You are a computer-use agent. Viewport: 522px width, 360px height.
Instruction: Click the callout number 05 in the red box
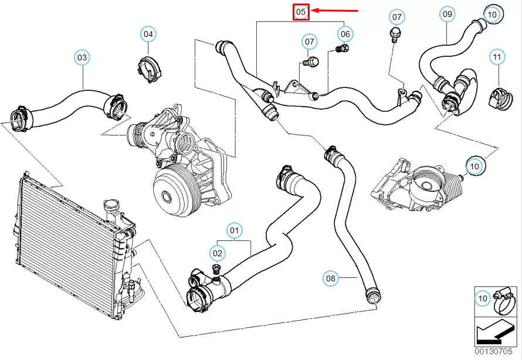tap(301, 12)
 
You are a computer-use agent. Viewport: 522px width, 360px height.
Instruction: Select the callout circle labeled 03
tap(82, 57)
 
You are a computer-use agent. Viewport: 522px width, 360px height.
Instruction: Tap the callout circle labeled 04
tap(148, 34)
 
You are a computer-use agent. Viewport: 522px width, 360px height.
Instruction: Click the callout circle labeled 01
tap(235, 230)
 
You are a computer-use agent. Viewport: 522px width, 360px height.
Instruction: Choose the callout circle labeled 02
tap(218, 253)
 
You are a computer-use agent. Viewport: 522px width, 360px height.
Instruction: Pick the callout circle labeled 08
tap(331, 278)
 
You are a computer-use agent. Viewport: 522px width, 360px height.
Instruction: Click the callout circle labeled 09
tap(448, 13)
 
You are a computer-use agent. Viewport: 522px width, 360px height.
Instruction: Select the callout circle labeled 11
tap(497, 57)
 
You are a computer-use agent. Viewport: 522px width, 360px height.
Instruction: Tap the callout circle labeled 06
tap(345, 34)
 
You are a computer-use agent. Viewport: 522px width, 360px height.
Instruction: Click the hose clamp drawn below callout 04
tap(150, 69)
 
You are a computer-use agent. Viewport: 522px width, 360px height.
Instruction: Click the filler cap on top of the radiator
tap(111, 207)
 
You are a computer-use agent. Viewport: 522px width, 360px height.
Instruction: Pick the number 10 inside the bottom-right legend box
tap(483, 299)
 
